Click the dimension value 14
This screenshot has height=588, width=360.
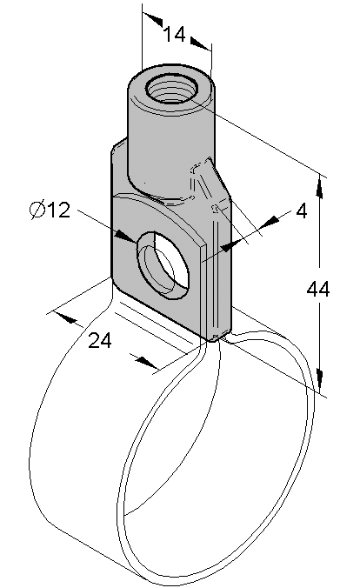175,34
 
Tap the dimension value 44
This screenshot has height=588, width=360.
318,289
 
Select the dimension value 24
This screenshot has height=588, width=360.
100,341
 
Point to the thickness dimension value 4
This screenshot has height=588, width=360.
302,211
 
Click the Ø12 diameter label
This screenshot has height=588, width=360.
50,210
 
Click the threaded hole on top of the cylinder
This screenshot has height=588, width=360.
172,90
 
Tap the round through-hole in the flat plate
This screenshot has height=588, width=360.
163,265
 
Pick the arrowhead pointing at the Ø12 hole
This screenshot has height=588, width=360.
125,237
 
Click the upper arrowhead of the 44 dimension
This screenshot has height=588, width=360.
319,187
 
